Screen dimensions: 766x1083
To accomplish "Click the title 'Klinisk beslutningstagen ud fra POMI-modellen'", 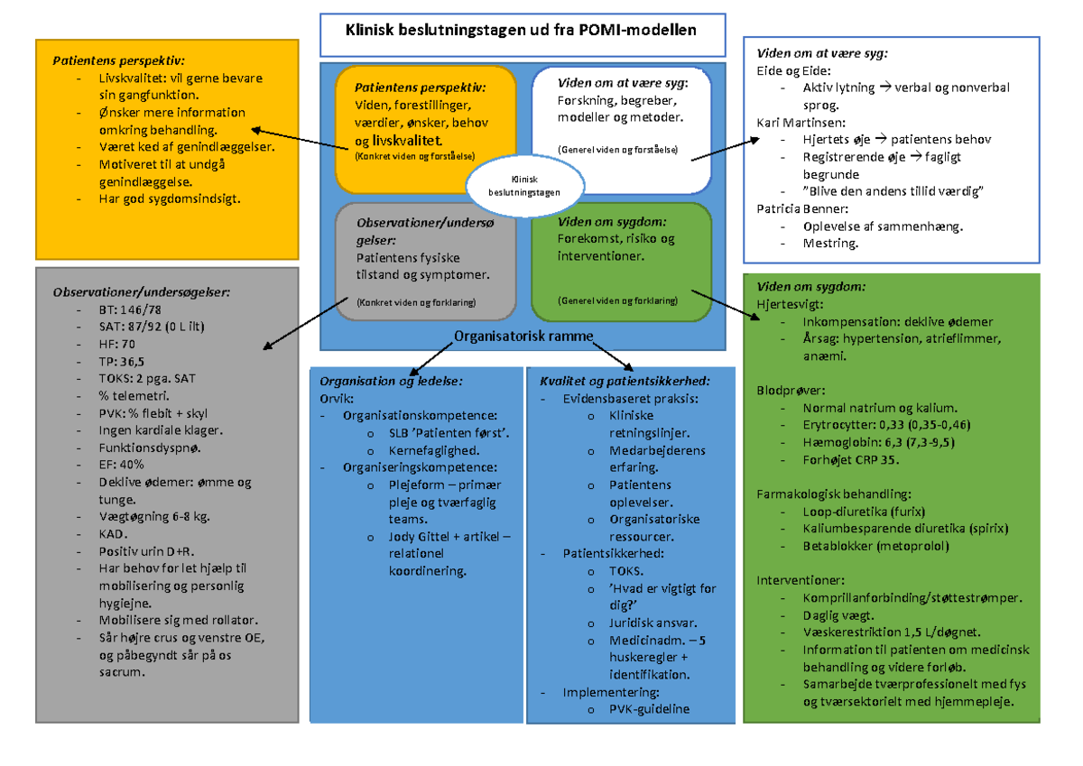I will click(521, 30).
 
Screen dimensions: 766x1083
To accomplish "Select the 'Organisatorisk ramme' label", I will click(523, 337).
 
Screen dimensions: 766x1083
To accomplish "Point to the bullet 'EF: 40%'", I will click(122, 464).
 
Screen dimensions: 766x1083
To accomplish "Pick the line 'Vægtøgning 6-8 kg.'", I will click(153, 517).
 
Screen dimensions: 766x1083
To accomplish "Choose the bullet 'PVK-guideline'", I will click(649, 709).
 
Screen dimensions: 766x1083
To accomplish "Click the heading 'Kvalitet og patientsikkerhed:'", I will click(625, 381).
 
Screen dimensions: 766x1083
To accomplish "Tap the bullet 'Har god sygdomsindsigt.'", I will click(170, 198).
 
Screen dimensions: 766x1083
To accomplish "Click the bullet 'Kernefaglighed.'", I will click(433, 449).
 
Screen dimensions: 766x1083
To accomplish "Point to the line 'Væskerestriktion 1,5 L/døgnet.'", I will click(892, 632).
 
